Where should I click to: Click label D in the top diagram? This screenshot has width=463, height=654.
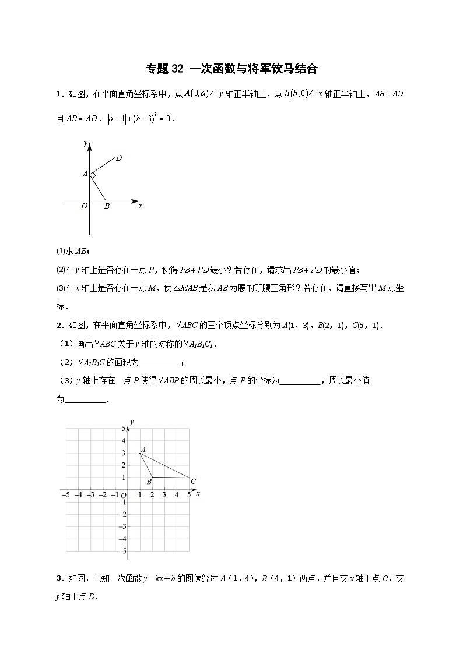(x=118, y=158)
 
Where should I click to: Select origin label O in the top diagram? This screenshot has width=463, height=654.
(x=84, y=206)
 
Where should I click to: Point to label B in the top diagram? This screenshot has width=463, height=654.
(x=107, y=206)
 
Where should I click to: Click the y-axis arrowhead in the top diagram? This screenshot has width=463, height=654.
(x=90, y=145)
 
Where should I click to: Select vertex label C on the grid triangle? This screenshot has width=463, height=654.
(x=193, y=481)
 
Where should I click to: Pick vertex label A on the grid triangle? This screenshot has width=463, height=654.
(x=143, y=448)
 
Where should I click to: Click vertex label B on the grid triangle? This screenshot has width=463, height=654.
(x=149, y=482)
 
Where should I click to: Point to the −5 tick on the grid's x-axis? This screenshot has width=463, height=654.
(x=65, y=495)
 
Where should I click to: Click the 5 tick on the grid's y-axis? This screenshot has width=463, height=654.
(x=123, y=428)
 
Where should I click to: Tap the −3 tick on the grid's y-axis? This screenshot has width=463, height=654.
(x=122, y=526)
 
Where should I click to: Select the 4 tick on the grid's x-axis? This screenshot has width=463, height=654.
(x=176, y=495)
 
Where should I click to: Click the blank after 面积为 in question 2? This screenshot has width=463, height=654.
(x=161, y=363)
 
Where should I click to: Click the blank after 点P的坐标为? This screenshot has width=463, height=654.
(x=300, y=382)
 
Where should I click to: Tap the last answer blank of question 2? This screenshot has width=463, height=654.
(x=85, y=401)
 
